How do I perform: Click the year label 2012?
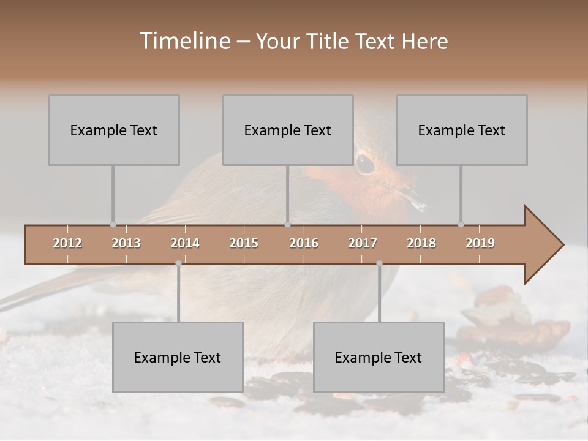pyautogui.click(x=67, y=243)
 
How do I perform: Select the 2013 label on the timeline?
pyautogui.click(x=126, y=243)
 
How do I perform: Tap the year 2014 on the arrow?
pyautogui.click(x=185, y=243)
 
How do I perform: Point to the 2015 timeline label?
pyautogui.click(x=244, y=243)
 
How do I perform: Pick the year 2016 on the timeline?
pyautogui.click(x=304, y=243)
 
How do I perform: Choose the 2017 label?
pyautogui.click(x=363, y=243)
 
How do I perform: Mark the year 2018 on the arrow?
pyautogui.click(x=421, y=243)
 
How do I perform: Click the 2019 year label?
pyautogui.click(x=480, y=243)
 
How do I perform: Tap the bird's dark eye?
pyautogui.click(x=365, y=163)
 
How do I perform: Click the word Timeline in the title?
pyautogui.click(x=184, y=41)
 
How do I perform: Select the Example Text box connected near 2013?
pyautogui.click(x=114, y=130)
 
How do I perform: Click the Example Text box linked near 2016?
pyautogui.click(x=288, y=130)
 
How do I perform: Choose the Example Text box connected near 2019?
pyautogui.click(x=462, y=130)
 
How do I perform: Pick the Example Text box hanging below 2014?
pyautogui.click(x=178, y=357)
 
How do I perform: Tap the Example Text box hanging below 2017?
pyautogui.click(x=379, y=357)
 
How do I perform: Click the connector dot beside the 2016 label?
pyautogui.click(x=288, y=224)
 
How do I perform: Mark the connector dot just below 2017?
pyautogui.click(x=379, y=263)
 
